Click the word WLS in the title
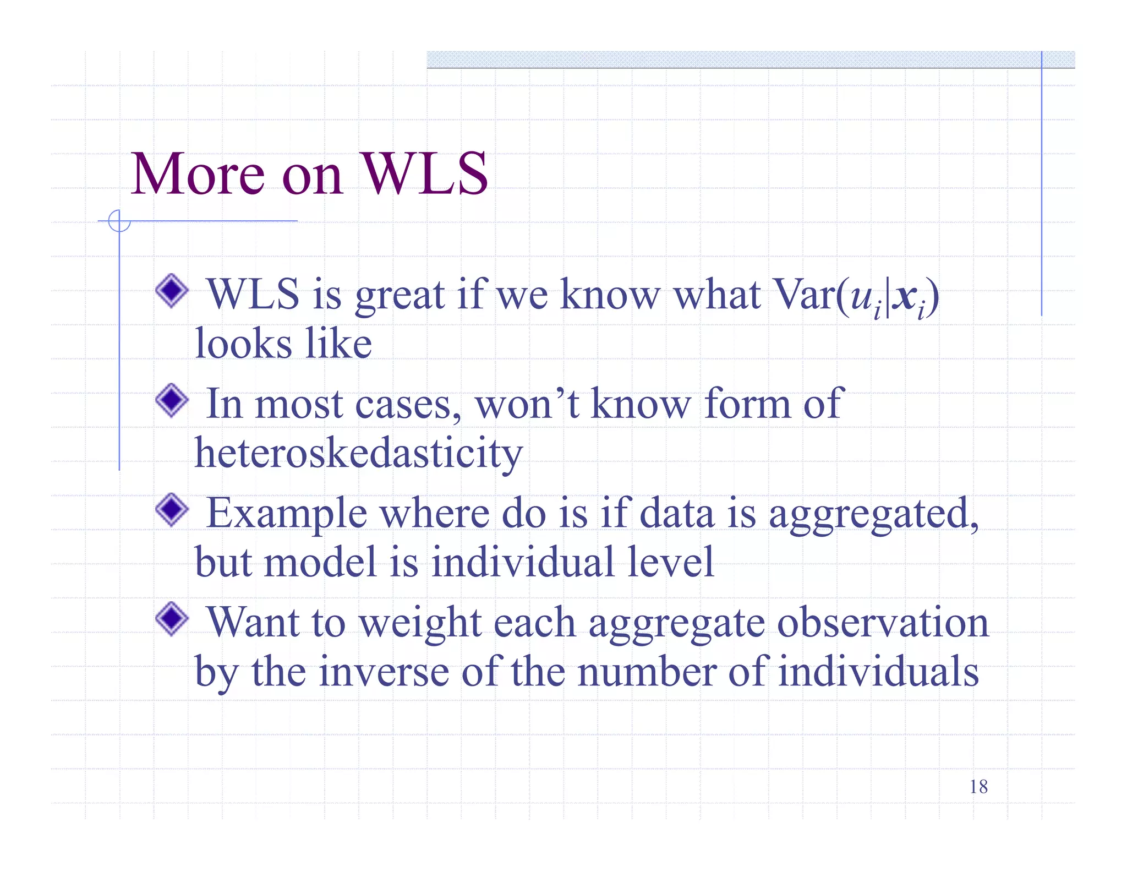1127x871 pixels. click(424, 174)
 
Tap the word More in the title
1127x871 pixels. click(198, 174)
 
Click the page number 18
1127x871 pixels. click(978, 787)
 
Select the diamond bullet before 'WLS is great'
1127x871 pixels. click(172, 291)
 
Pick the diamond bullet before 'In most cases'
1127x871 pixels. click(172, 400)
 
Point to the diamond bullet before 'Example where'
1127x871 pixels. click(172, 509)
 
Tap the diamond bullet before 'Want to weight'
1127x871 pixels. click(172, 618)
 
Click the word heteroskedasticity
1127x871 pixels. click(358, 453)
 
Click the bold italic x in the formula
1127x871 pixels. click(903, 296)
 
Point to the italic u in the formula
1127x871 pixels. click(861, 297)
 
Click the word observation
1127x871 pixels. click(883, 623)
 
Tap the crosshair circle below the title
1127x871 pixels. click(119, 221)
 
